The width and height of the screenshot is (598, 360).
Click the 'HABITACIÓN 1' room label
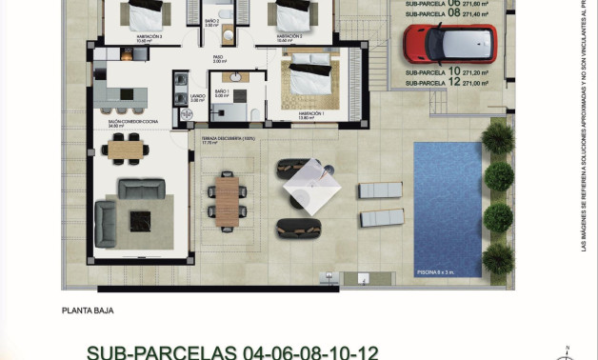coord(310,113)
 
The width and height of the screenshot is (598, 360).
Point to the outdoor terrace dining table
coord(227,201)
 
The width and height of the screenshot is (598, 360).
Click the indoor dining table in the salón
coord(126,147)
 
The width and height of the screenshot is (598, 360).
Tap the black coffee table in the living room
coord(140,220)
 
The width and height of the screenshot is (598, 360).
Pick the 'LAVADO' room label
coord(197,96)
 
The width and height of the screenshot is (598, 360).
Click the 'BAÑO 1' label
coord(222,91)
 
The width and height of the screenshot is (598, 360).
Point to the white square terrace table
coord(312,187)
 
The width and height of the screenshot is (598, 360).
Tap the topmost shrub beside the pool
coord(497,139)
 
